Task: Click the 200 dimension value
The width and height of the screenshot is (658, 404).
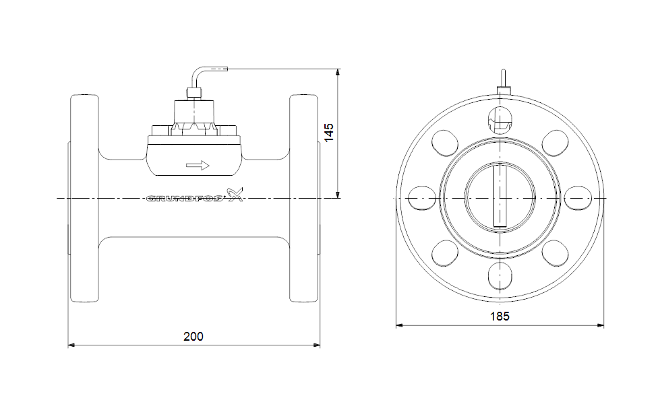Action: click(x=193, y=337)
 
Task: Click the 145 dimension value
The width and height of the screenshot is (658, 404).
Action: click(x=329, y=133)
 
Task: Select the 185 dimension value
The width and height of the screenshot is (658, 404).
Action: click(x=500, y=316)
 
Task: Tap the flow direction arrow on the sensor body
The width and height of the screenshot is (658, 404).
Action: click(x=198, y=165)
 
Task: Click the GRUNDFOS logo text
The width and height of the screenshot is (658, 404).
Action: click(x=185, y=198)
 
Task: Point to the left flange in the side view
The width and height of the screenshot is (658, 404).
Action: click(x=84, y=198)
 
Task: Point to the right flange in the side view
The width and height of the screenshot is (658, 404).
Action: click(x=303, y=198)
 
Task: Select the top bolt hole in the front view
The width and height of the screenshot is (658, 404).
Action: click(x=500, y=119)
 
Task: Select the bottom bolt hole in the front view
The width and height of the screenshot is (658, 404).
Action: click(x=500, y=277)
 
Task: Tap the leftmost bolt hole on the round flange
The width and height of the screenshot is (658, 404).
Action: click(x=421, y=198)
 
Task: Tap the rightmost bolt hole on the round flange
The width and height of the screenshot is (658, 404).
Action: click(x=578, y=198)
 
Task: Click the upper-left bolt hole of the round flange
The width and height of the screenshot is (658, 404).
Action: click(x=444, y=143)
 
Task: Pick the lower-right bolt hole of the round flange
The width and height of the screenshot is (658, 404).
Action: click(x=556, y=253)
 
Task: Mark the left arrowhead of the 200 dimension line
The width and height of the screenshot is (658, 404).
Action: click(x=71, y=345)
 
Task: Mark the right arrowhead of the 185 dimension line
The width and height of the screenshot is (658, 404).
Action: click(x=601, y=325)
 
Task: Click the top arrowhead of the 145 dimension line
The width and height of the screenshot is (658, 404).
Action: click(x=338, y=72)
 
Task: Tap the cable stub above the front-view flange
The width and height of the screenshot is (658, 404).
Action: click(x=503, y=78)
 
